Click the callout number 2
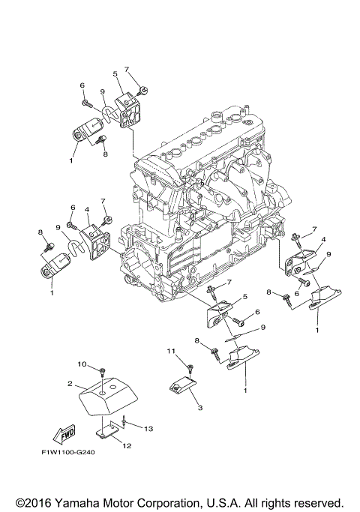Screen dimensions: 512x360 [70, 383]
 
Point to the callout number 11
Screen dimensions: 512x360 [171, 351]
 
